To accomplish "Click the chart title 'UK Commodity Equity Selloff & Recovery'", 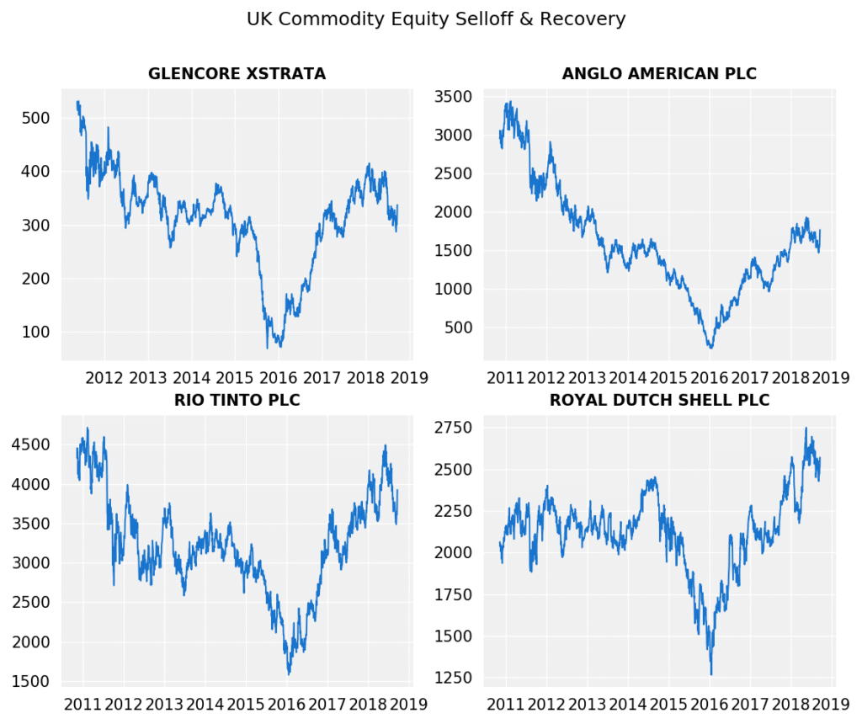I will (435, 19).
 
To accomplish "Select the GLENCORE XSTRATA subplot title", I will (237, 74).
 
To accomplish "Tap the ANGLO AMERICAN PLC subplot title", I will (659, 74).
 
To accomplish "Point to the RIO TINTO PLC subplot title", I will (237, 400).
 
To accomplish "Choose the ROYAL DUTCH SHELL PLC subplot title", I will (659, 400).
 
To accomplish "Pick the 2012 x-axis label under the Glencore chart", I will (105, 377).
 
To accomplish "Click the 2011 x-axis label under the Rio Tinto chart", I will (83, 703).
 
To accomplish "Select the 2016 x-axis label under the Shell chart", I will (710, 703).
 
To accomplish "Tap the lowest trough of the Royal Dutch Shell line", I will (711, 674).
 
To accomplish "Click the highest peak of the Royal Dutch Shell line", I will (806, 428).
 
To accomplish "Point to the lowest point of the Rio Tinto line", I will (289, 673).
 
